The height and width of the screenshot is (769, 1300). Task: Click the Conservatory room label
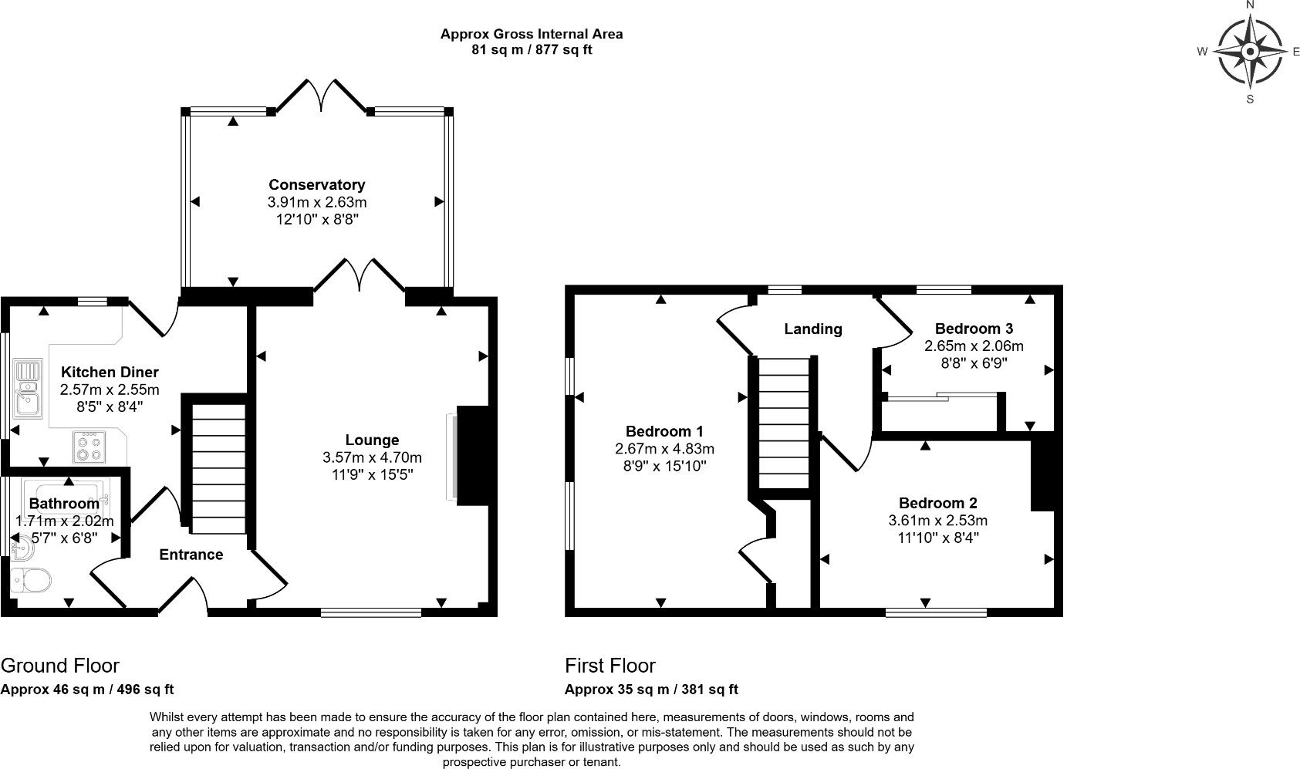pos(316,184)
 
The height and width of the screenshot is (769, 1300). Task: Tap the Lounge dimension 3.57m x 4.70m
pos(372,457)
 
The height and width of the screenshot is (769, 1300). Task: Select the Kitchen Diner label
pos(110,372)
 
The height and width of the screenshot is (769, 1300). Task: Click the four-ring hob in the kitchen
pos(88,447)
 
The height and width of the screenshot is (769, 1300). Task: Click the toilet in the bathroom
pos(31,579)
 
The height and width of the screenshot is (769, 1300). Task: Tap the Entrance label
pos(191,555)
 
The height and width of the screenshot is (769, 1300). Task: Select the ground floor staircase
pos(217,469)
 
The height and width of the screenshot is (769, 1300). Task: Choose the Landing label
pos(812,329)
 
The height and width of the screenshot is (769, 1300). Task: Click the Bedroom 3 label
pos(974,328)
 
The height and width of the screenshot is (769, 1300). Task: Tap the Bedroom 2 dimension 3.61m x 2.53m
pos(937,521)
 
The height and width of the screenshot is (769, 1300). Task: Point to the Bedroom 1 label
pos(664,431)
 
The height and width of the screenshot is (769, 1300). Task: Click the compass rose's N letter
pos(1250,5)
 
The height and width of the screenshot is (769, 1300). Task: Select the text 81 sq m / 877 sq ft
pos(532,50)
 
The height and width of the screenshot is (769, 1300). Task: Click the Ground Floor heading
pos(60,666)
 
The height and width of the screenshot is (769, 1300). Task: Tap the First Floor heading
pos(609,666)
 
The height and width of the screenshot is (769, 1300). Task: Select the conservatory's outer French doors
pos(321,94)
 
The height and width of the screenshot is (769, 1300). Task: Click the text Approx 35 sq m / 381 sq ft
pos(651,690)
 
